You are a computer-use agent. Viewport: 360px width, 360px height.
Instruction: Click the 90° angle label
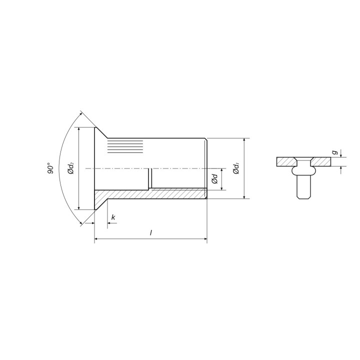coord(50,168)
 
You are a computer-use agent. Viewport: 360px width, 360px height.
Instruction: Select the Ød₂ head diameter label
coord(71,168)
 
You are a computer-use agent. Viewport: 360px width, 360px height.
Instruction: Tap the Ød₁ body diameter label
coord(236,168)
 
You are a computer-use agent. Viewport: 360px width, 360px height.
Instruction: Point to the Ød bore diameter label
coord(214,179)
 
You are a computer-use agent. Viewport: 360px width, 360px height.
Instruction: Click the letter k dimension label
coord(113,217)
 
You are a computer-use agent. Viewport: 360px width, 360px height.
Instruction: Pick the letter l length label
coord(151,233)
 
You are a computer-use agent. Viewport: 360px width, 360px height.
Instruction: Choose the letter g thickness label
coord(335,152)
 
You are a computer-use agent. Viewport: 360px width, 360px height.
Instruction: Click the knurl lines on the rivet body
coord(125,146)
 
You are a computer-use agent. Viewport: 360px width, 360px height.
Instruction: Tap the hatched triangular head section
coord(101,199)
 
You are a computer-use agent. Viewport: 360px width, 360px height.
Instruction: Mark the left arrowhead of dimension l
coord(96,239)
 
